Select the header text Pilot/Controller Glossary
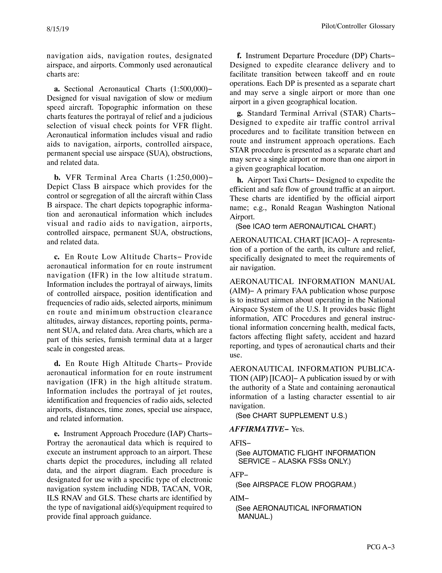358,26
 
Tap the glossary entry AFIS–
240,443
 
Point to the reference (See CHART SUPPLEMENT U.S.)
291,416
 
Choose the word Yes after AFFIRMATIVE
298,429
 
